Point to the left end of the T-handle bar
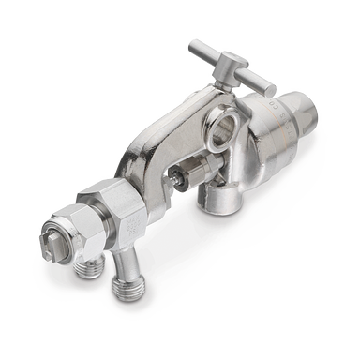coord(195,47)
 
